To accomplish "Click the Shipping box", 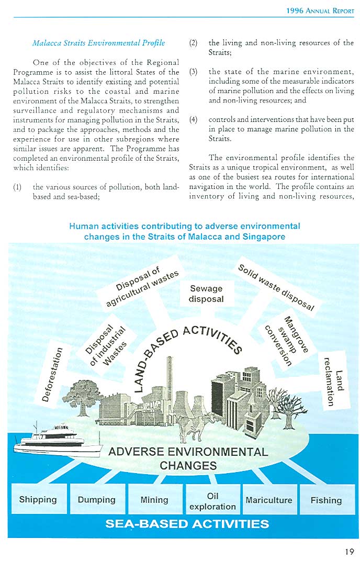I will point(38,499).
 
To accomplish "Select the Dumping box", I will point(96,499).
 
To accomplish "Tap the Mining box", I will point(154,499).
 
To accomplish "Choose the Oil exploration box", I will point(212,501).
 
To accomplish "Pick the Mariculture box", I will point(268,500).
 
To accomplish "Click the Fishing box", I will point(326,500).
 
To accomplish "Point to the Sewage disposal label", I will point(206,294).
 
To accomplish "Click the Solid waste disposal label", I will point(276,287).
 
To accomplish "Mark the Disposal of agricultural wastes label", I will point(141,288).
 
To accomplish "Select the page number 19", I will point(349,551).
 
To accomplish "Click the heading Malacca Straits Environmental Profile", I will point(98,42).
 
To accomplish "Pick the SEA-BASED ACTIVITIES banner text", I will point(187,523).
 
